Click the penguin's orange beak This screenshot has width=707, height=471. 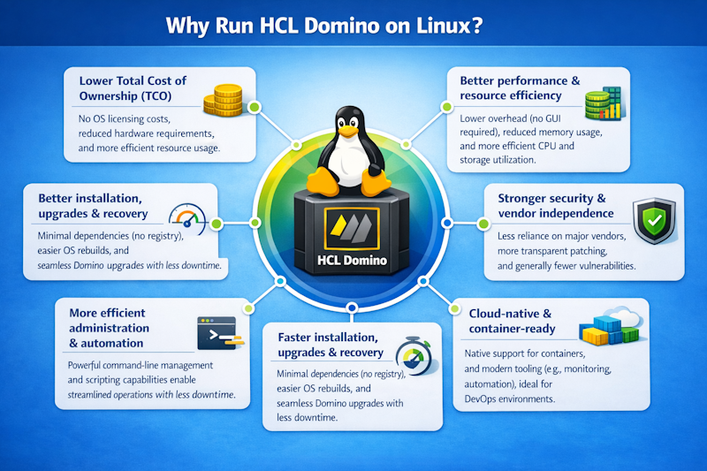pos(353,133)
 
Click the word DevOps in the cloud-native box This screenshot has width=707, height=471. pos(486,399)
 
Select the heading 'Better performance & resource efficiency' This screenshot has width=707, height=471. pos(520,87)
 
